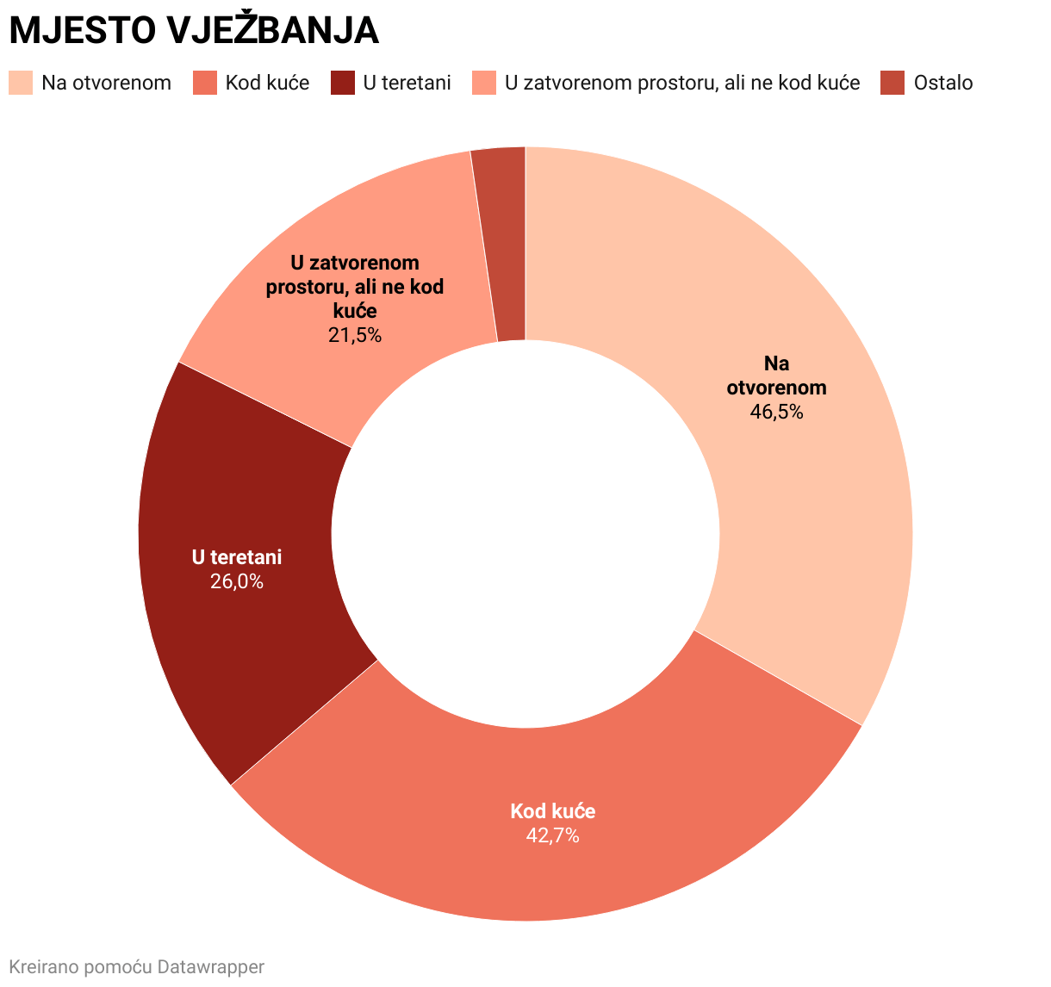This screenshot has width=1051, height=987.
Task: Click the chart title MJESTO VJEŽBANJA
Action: point(194,31)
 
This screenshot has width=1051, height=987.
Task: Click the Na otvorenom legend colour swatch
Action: point(21,83)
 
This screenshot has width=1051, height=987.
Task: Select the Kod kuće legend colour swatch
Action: point(205,83)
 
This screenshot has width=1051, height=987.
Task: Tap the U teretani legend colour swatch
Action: point(343,83)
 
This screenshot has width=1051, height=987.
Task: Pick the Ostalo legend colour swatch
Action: point(892,83)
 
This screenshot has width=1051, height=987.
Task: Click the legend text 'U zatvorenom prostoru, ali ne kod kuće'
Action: point(682,83)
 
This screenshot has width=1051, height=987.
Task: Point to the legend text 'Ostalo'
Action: point(943,83)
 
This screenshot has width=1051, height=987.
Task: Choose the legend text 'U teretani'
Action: point(407,83)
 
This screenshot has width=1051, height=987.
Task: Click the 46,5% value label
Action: point(776,412)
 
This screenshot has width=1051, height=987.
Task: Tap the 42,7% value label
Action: point(552,835)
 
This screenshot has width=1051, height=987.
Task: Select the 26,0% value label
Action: point(237,581)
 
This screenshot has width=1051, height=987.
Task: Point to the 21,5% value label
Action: point(354,334)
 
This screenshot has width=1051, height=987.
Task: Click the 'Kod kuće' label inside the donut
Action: point(552,811)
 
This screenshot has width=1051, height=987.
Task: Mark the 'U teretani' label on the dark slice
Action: point(237,557)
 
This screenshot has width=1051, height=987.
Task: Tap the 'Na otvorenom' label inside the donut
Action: point(776,376)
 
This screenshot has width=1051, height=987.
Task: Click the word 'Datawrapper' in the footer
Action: point(211,966)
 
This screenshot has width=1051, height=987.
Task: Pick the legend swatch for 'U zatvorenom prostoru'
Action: point(484,83)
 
